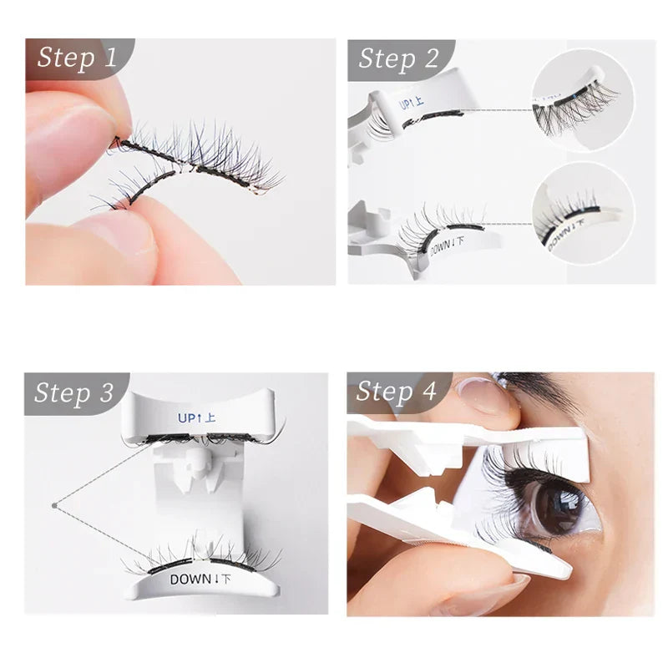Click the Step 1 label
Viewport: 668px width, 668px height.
[77, 58]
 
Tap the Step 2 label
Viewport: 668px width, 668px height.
[398, 58]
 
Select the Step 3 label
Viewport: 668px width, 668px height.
[76, 392]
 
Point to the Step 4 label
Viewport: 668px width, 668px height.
[397, 392]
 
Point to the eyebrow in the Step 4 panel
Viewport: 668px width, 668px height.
[543, 388]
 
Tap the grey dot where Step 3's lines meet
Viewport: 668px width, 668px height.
[53, 504]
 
